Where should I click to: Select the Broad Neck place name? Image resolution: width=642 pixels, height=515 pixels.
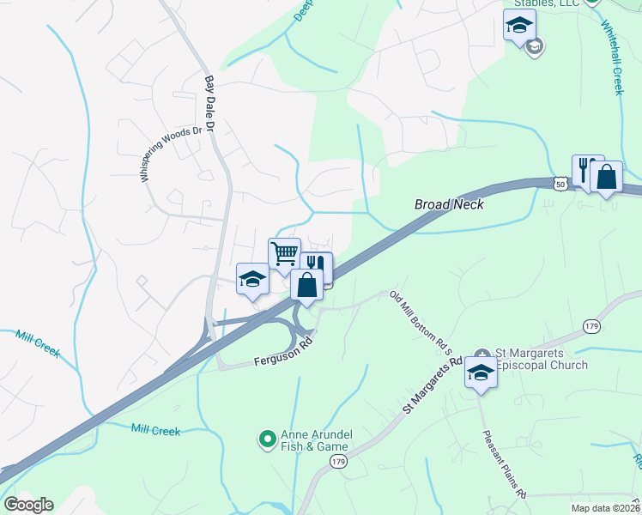[449, 204]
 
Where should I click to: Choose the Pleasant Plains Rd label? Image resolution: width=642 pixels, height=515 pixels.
[505, 463]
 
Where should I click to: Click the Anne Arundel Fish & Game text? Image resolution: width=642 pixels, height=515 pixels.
[314, 440]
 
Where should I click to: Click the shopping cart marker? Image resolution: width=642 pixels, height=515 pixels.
[284, 254]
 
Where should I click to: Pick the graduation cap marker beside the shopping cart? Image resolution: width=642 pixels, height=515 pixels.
[252, 278]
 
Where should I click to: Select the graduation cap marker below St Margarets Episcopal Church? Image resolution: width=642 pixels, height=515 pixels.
[481, 374]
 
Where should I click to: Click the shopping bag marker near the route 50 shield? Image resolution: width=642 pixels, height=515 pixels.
[606, 178]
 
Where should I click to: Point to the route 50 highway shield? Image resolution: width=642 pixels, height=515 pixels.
[560, 184]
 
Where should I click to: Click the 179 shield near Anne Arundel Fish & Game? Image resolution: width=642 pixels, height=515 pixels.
[338, 462]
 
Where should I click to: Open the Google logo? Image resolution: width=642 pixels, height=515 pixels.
[28, 505]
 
